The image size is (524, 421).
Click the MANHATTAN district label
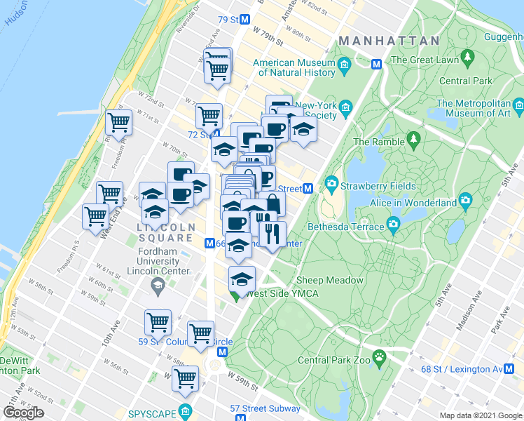(389, 41)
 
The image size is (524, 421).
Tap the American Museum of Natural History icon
(344, 67)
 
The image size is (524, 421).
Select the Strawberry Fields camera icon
(331, 186)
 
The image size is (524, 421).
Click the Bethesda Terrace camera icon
(394, 226)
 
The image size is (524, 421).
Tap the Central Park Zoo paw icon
(379, 356)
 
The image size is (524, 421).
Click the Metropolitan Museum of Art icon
(518, 107)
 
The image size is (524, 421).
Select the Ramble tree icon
(413, 138)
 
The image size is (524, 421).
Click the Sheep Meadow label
(330, 280)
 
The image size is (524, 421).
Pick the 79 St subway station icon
(244, 20)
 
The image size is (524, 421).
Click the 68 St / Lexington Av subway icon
(518, 369)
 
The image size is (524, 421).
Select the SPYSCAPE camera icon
(185, 410)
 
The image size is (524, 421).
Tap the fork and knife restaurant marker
(272, 233)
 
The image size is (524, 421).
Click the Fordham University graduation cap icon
(158, 286)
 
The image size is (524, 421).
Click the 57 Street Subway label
(266, 408)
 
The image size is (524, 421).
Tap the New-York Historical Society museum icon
(345, 107)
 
